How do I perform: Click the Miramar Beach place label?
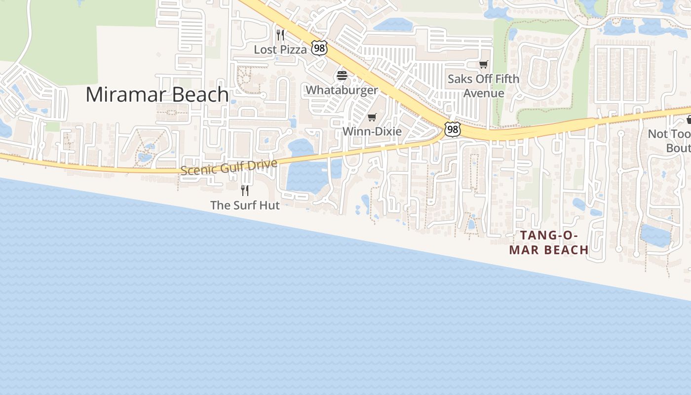[157, 94]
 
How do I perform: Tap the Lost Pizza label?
[280, 49]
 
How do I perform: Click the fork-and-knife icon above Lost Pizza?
[280, 35]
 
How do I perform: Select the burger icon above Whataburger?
[342, 76]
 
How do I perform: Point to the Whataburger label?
[342, 90]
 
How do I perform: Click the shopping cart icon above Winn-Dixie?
[372, 118]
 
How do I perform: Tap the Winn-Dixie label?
[372, 131]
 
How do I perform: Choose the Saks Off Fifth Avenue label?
[483, 86]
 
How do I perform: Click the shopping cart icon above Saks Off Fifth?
[483, 65]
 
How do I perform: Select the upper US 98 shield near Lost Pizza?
[319, 48]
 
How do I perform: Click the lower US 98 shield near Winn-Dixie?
[452, 129]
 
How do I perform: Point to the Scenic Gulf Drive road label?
[229, 167]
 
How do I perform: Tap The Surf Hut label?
[245, 205]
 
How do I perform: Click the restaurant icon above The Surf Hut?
[244, 190]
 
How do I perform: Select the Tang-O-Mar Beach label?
[549, 242]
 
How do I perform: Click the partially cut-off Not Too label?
[669, 134]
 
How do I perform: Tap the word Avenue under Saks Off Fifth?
[484, 93]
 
